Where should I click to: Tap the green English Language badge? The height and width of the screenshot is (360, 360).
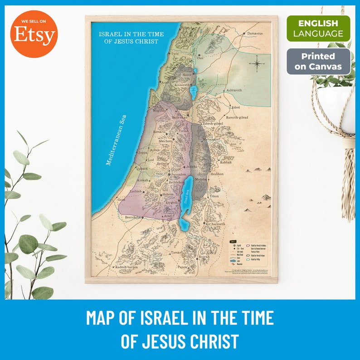(318, 28)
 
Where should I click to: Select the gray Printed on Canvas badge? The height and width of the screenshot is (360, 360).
(318, 62)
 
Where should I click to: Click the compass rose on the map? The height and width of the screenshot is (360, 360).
(257, 64)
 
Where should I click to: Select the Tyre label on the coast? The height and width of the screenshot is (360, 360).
(175, 54)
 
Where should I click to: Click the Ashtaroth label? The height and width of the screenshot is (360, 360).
(236, 90)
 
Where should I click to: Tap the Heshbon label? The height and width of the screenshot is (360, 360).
(217, 174)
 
